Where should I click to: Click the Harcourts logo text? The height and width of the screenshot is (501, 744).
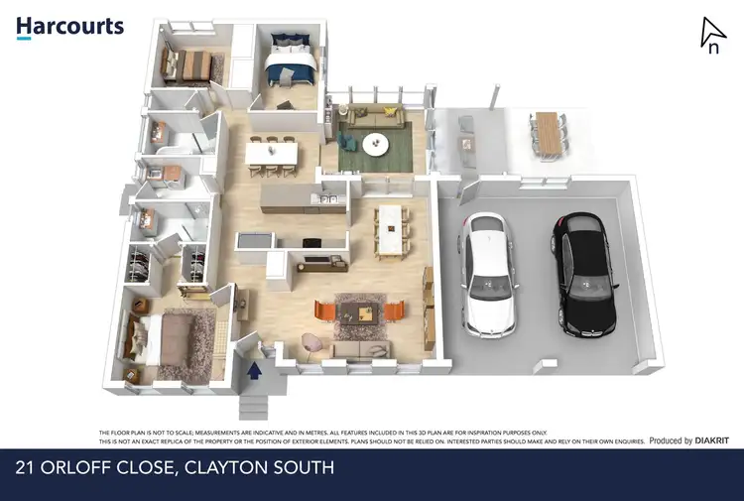[x=69, y=26]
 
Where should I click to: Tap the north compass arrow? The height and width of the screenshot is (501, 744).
[x=711, y=35]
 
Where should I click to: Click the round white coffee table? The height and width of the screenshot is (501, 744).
[x=376, y=144]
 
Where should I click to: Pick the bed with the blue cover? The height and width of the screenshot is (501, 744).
[x=292, y=63]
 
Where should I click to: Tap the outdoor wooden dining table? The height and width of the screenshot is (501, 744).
[x=547, y=133]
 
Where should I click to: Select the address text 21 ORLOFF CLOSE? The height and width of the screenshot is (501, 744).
[x=100, y=466]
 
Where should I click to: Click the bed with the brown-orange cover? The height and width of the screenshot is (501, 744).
[x=189, y=65]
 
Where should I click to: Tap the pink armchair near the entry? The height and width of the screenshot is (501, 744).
[x=311, y=340]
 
